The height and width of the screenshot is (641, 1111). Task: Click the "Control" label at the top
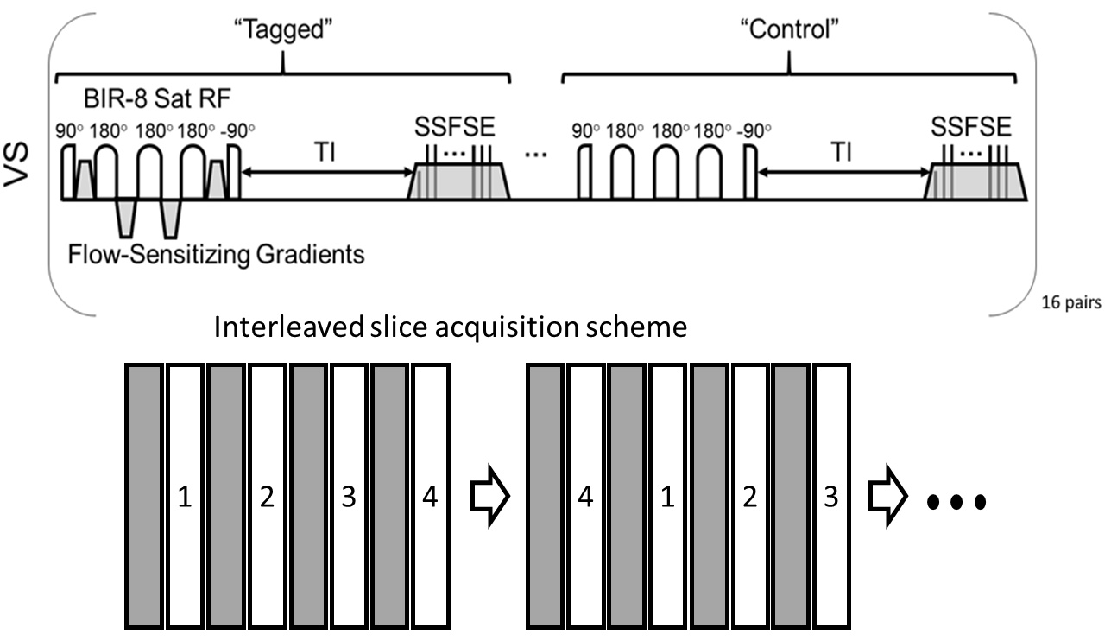pos(792,26)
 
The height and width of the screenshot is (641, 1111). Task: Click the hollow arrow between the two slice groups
pos(489,498)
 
